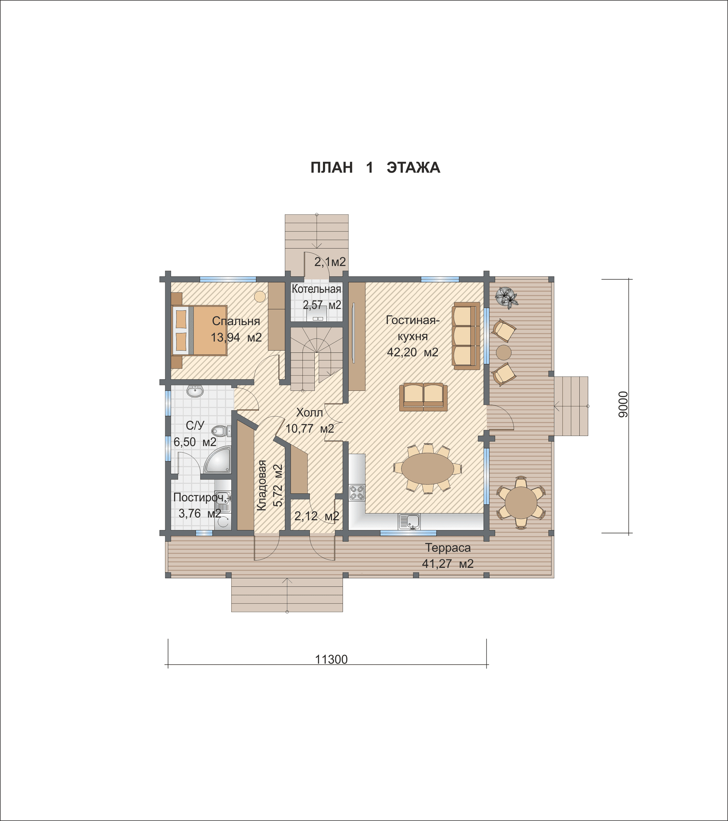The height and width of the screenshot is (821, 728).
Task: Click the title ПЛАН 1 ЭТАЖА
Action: tap(375, 167)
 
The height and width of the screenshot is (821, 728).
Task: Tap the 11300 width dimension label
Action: tap(331, 659)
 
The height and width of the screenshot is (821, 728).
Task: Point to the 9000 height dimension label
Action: tap(622, 404)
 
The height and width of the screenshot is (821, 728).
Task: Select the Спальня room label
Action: tap(236, 321)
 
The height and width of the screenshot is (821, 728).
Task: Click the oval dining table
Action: tap(427, 468)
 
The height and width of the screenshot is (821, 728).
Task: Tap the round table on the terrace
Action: tap(521, 502)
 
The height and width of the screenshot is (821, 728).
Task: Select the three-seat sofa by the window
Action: tap(466, 336)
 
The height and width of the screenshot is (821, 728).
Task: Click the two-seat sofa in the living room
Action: tap(423, 397)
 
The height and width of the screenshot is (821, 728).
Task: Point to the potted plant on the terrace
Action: tap(507, 298)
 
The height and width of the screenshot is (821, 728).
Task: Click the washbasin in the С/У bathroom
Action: tap(195, 391)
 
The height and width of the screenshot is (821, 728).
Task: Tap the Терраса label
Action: tap(448, 547)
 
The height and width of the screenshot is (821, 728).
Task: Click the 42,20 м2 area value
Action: tap(413, 352)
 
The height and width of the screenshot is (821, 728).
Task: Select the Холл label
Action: tap(309, 412)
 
